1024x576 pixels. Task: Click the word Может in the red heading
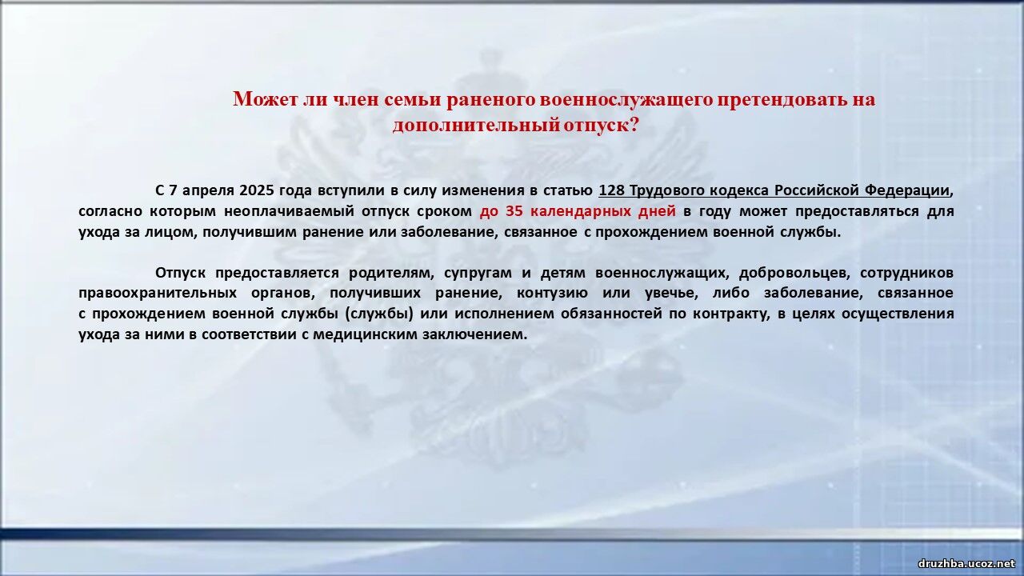266,99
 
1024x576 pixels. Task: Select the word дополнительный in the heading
475,126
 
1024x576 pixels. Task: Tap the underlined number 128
612,190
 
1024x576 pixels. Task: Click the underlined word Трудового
665,191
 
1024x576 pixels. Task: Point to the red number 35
514,211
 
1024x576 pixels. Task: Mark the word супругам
478,274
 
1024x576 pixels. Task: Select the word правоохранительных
158,294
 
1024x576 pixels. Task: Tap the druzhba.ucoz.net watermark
966,564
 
